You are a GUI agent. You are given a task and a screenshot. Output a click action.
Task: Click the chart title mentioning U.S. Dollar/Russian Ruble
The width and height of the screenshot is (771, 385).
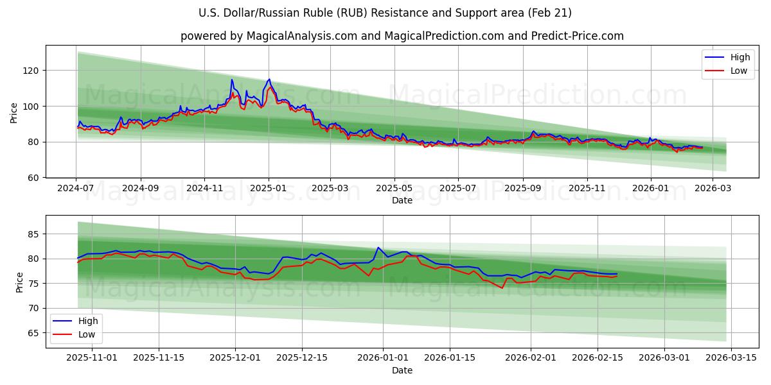tap(385, 13)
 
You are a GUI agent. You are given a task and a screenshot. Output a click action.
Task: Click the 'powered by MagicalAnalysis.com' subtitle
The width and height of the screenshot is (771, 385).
tap(402, 36)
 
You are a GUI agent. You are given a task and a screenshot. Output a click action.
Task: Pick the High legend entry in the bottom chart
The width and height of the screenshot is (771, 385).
tap(87, 321)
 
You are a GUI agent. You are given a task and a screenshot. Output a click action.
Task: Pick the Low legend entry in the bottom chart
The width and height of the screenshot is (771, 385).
tap(86, 334)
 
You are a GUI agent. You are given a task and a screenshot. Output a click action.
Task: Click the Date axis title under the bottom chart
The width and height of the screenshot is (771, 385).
tap(402, 370)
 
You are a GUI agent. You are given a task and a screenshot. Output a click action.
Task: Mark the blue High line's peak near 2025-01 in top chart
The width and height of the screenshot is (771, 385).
tap(269, 80)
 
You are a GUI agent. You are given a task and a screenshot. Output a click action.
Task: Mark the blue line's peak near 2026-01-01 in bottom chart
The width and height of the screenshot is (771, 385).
tap(378, 248)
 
